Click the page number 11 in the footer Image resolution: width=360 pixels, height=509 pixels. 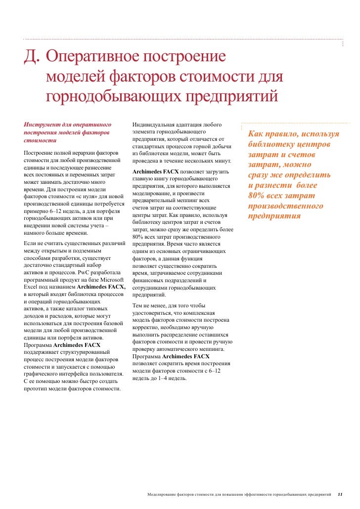340,494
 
